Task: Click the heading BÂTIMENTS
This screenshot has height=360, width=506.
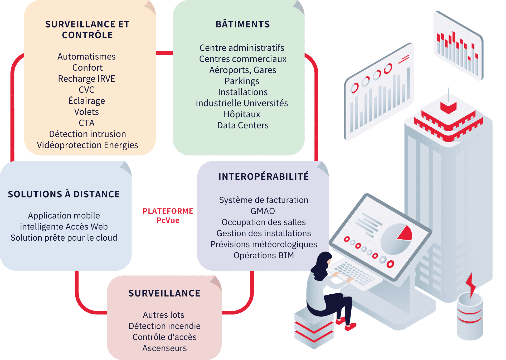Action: (242, 24)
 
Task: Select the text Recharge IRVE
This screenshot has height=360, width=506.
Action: (86, 79)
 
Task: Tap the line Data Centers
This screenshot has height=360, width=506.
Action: (243, 125)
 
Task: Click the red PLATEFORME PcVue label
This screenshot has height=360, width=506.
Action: (168, 216)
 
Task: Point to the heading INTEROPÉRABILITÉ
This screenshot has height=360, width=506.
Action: (264, 177)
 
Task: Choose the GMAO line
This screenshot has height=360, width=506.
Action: (263, 211)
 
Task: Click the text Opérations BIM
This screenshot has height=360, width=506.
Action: (264, 255)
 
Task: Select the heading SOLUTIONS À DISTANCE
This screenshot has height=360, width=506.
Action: (64, 194)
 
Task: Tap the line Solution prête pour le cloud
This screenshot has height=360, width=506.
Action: (64, 238)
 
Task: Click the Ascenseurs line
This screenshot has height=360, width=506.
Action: (164, 348)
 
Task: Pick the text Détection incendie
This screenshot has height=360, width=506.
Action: (164, 326)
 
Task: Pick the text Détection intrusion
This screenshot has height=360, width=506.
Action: (87, 134)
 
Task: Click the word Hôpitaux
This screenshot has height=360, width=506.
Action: (242, 114)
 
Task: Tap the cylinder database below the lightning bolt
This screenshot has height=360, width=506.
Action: (470, 319)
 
